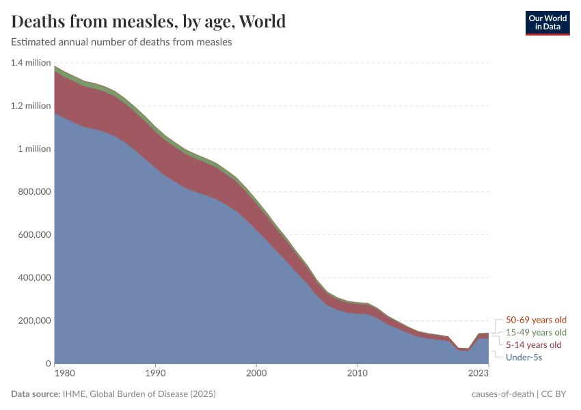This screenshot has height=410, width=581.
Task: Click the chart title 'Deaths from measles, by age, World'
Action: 148,21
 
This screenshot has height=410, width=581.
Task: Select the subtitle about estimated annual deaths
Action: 122,42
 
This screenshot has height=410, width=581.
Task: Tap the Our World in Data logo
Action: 547,23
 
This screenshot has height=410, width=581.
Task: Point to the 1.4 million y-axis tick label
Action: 31,63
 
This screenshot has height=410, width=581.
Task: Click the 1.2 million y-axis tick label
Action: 31,106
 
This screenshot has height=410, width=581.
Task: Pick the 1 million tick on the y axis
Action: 34,149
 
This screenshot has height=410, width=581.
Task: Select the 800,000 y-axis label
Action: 33,192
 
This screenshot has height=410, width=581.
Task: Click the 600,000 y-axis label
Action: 33,235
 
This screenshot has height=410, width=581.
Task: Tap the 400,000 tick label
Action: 33,278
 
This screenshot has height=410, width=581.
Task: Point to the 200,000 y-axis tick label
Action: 33,321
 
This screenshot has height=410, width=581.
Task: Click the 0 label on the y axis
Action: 48,364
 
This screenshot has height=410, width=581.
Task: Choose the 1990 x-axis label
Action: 156,373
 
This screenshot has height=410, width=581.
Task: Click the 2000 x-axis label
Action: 256,373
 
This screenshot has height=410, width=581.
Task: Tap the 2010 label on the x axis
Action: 357,373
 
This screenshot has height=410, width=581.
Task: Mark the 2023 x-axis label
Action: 479,373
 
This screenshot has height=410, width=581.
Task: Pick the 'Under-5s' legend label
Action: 524,357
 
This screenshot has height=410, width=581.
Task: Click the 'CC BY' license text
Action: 556,394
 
